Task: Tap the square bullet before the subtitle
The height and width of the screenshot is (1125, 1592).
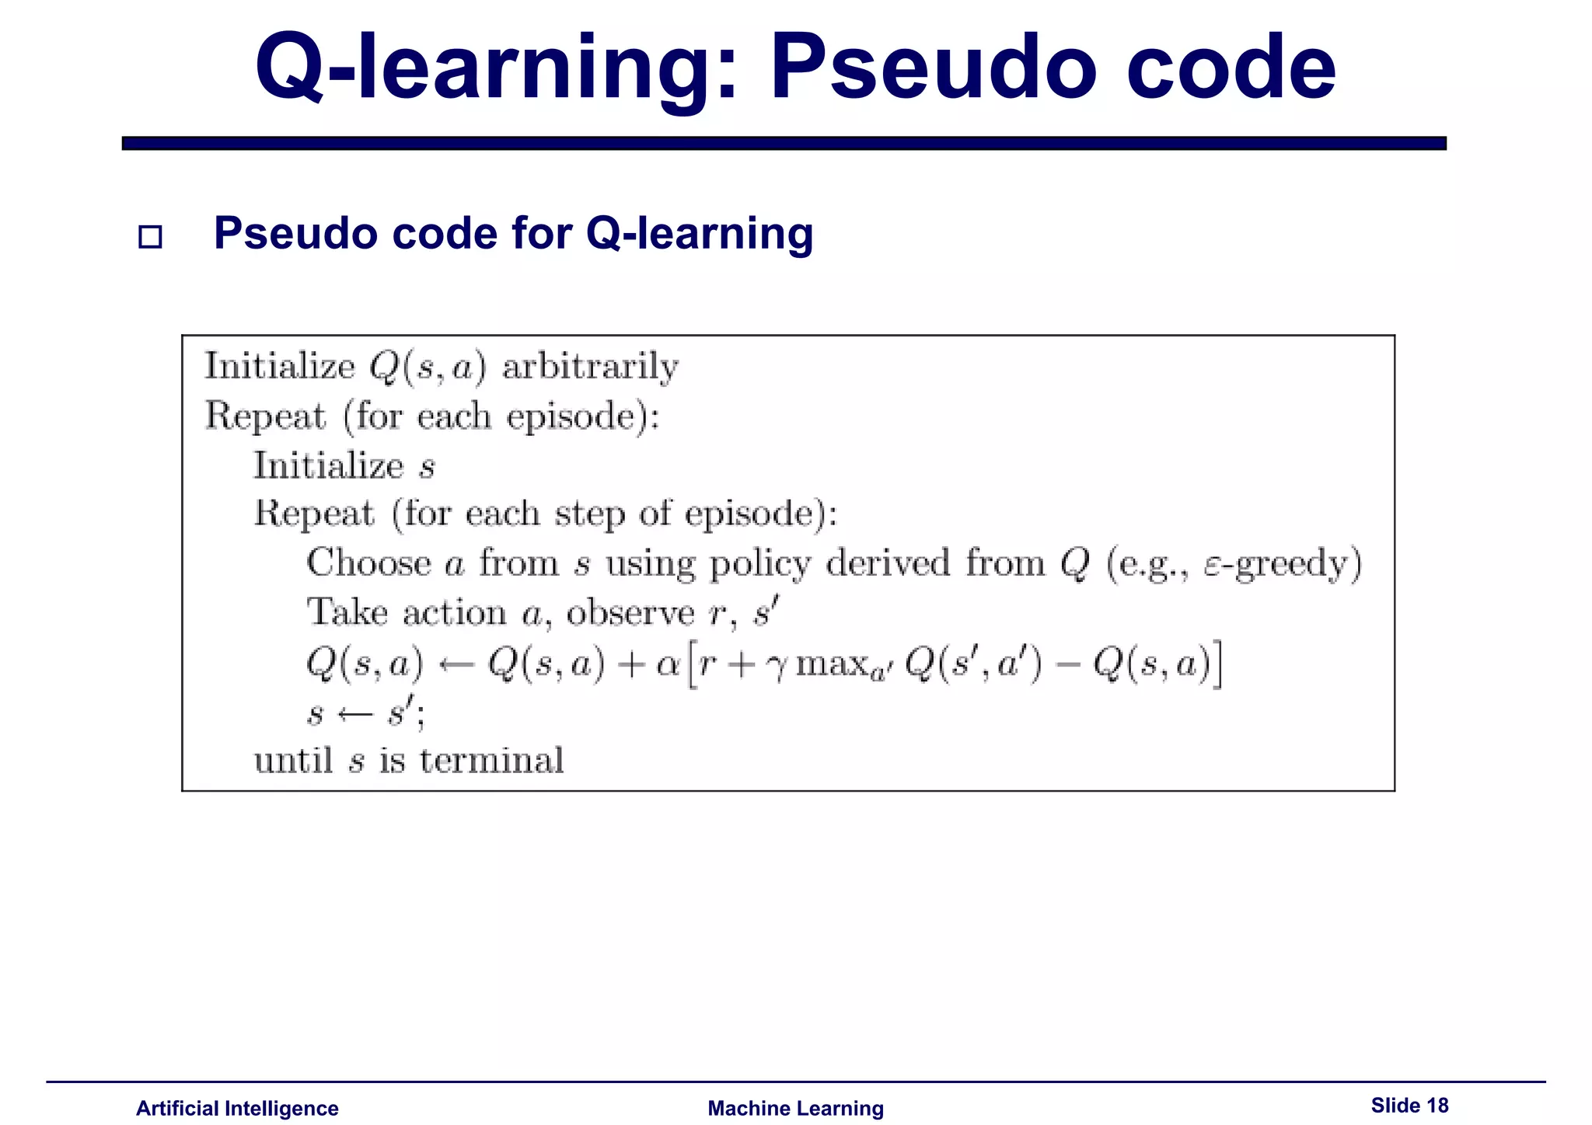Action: coord(150,236)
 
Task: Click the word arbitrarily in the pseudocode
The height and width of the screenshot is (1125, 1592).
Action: coord(590,367)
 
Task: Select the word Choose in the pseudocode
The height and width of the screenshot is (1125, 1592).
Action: coord(368,562)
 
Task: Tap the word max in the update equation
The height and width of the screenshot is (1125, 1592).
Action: coord(829,664)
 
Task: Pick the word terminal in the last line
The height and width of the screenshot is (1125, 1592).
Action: coord(492,761)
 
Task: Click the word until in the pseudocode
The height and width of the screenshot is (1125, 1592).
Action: coord(294,761)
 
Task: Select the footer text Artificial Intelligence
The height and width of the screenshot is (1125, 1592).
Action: coord(237,1108)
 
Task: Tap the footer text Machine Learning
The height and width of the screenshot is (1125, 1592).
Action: coord(795,1108)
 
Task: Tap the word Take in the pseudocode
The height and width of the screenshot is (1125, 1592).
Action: coord(347,612)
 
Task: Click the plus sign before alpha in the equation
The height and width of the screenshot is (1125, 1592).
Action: coord(635,665)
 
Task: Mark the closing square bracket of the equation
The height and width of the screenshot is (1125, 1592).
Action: coord(1217,664)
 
